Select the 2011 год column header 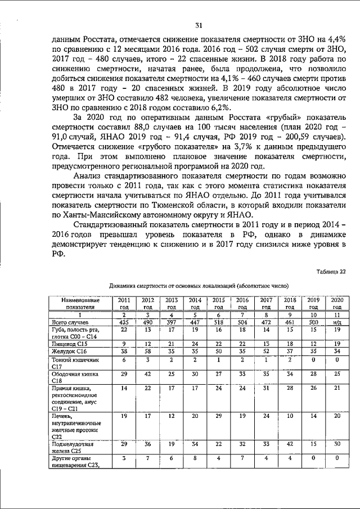coord(124,304)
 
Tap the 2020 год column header coord(337,304)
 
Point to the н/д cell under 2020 coord(337,322)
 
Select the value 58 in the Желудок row coord(148,351)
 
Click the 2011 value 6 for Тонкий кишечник coord(124,359)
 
